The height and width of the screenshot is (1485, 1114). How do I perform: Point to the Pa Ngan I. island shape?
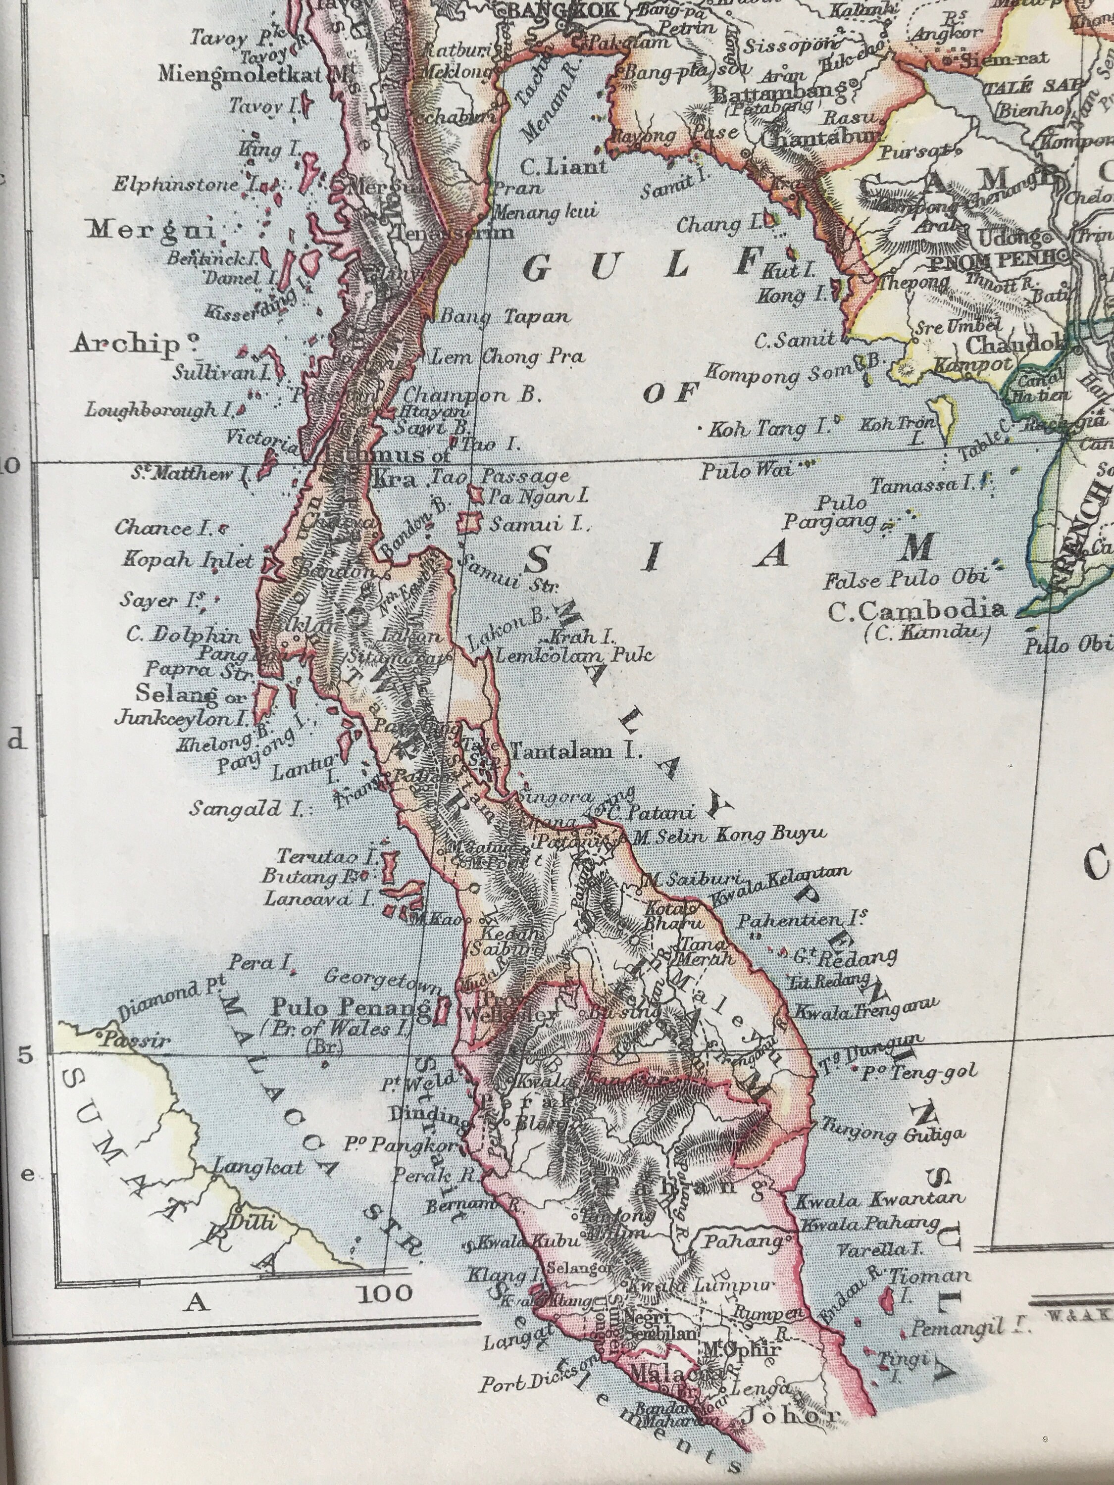(477, 496)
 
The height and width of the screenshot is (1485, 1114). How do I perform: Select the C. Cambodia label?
(916, 610)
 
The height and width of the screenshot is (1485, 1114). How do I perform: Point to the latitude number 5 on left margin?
(25, 1055)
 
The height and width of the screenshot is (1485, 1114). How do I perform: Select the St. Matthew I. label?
(190, 475)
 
